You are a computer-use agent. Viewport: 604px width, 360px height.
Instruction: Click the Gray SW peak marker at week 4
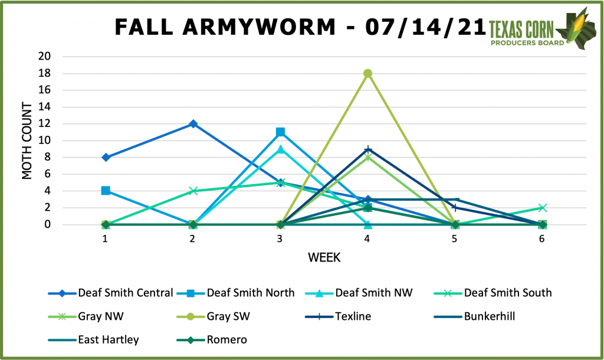coord(367,73)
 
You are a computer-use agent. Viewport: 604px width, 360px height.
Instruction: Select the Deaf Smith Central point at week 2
coord(193,123)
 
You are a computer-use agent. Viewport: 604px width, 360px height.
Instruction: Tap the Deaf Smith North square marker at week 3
coord(280,132)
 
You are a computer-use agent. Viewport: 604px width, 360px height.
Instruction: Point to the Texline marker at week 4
coord(367,149)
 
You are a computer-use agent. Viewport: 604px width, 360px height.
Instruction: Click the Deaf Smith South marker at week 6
coord(542,208)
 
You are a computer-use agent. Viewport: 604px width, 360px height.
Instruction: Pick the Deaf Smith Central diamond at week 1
coord(106,158)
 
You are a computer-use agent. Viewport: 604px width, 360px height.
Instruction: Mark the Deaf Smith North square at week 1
coord(106,191)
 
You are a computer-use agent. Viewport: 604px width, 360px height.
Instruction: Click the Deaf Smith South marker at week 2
coord(193,191)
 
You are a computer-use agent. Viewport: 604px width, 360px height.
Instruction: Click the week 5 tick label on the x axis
coord(455,240)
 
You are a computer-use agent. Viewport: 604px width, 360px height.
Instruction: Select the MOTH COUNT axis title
coord(27,140)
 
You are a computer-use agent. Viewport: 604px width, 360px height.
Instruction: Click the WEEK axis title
coord(323,258)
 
